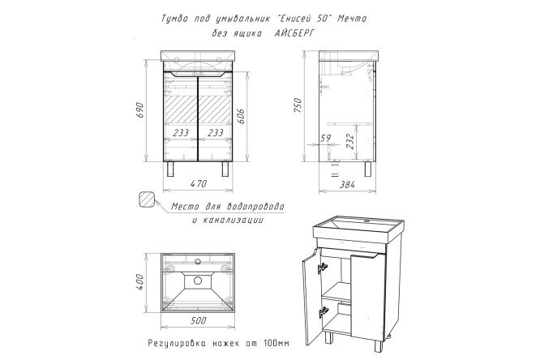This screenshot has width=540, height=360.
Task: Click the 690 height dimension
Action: coord(139,109)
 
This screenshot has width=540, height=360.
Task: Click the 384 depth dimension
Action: coord(348,186)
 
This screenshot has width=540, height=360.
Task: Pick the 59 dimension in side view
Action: coord(325,139)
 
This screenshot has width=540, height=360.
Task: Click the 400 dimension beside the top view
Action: coord(139,281)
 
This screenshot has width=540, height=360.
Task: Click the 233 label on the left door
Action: coord(182,132)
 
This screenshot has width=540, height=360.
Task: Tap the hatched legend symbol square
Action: coord(147,199)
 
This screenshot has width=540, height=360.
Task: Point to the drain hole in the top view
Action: coord(198,281)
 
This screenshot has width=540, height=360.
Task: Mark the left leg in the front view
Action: coord(171,169)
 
